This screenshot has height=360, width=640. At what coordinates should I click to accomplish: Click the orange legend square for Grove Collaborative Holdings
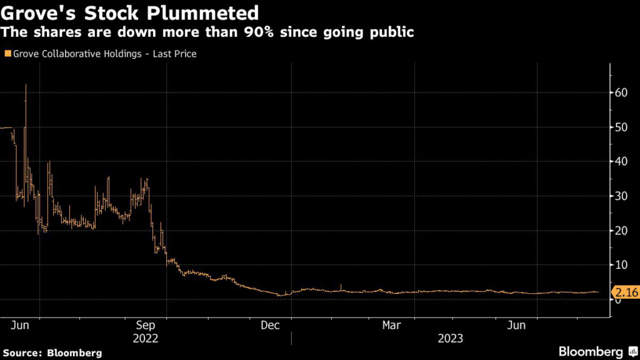point(7,54)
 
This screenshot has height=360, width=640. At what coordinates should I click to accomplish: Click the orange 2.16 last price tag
point(624,292)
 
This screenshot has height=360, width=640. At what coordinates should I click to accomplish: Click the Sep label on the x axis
point(146,326)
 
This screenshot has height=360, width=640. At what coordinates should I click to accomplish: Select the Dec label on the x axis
point(270,326)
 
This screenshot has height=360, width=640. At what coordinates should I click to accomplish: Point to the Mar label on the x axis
point(392,326)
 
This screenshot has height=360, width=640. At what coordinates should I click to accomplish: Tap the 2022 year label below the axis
point(146,338)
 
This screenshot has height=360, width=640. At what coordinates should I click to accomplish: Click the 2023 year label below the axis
point(450,338)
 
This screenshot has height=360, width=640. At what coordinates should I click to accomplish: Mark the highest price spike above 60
point(26,86)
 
